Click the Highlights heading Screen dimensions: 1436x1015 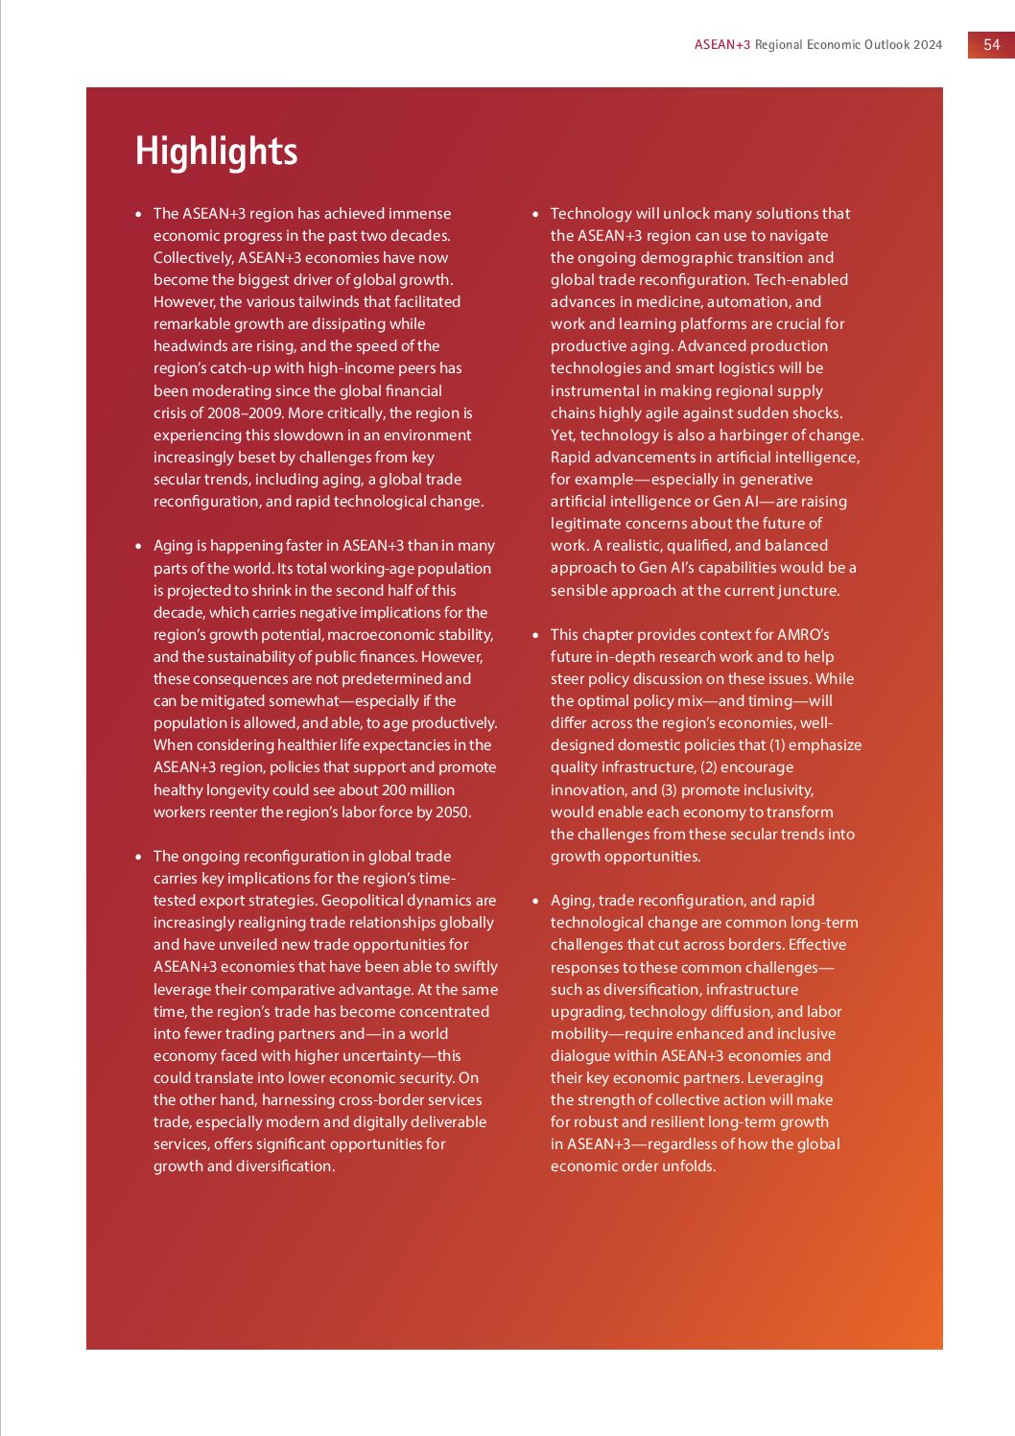point(216,152)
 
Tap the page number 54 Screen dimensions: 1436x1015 point(991,44)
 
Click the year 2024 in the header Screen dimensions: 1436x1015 point(928,44)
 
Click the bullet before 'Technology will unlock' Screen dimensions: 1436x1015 point(535,214)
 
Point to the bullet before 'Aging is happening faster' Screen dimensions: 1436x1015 point(138,546)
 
